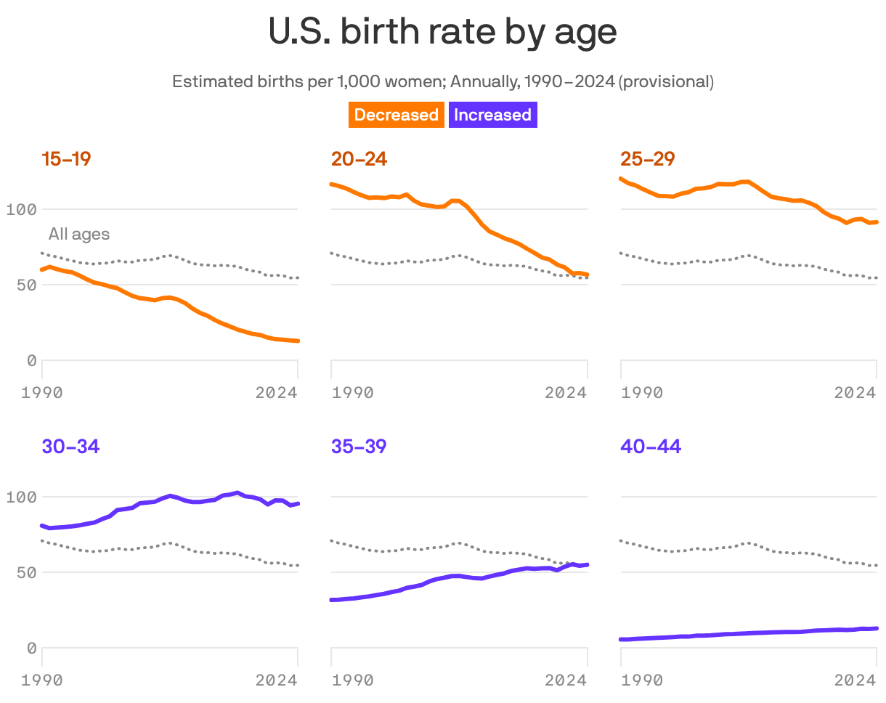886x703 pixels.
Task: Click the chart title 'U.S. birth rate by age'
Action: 442,33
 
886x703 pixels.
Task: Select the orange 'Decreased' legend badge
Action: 396,115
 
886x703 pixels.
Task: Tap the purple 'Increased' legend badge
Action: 492,115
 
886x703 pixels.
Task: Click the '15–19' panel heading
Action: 66,159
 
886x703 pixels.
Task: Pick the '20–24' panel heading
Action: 359,159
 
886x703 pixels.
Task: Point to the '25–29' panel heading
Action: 648,159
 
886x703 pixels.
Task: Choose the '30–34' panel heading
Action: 70,447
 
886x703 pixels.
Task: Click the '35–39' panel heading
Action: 359,447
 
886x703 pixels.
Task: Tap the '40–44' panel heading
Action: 651,447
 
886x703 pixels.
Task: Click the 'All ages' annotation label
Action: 79,234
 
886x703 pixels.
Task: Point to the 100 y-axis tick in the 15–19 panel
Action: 21,210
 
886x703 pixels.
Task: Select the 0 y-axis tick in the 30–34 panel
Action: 31,648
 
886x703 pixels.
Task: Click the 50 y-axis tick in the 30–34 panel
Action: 26,572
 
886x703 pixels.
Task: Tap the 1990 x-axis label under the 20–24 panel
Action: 353,393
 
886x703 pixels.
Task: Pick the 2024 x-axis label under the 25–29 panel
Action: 855,393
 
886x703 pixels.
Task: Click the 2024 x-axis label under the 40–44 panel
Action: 855,680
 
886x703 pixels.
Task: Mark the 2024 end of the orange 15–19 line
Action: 298,341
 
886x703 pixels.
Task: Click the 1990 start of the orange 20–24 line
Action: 332,184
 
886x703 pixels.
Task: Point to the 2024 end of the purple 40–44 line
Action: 877,628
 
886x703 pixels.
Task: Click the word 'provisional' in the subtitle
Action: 666,81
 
